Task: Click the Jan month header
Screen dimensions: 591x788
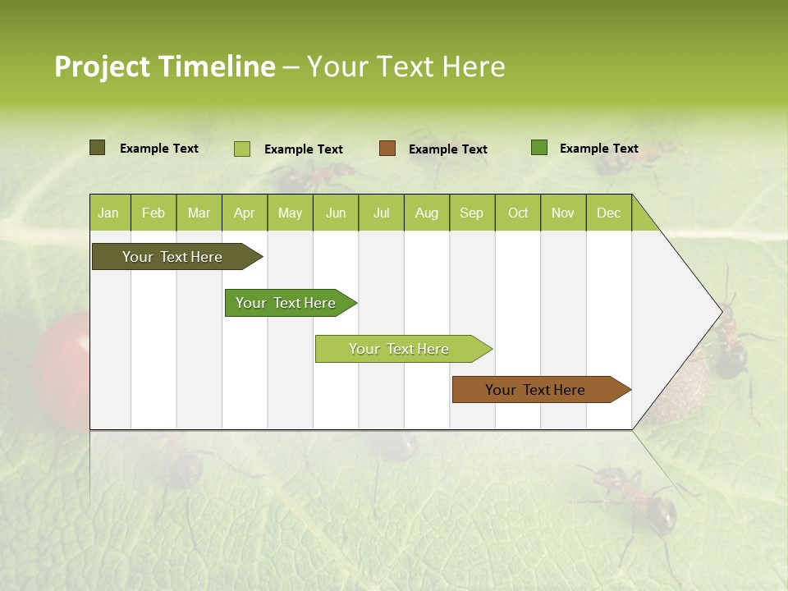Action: (x=108, y=213)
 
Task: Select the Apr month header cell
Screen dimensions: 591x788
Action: (x=244, y=213)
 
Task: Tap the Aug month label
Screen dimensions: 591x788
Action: (x=426, y=213)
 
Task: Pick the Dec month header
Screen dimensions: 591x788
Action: (x=608, y=213)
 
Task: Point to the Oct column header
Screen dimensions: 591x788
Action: (x=517, y=213)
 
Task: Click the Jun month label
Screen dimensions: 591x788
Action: (x=335, y=213)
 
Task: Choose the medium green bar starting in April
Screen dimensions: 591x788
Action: (x=287, y=303)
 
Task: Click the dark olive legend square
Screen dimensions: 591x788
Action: (x=97, y=148)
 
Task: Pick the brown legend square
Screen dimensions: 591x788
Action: (x=387, y=149)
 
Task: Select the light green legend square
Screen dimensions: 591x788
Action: (x=241, y=149)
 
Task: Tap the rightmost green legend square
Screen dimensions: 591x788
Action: (x=539, y=148)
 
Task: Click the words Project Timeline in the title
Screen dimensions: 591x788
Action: (x=164, y=66)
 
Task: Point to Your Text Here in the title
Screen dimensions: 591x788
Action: (x=405, y=66)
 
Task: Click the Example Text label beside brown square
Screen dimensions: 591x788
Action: (x=447, y=149)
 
